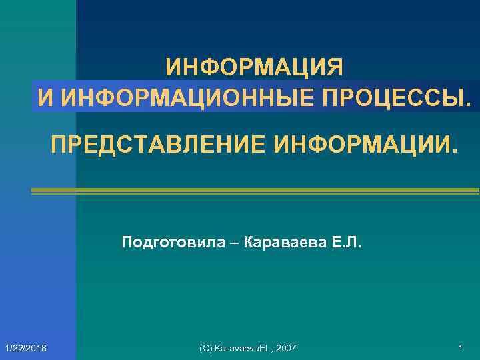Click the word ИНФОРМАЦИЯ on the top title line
coord(255,67)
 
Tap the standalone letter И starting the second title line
coord(45,97)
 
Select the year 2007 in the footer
coord(285,349)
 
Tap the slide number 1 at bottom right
coord(461,349)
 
